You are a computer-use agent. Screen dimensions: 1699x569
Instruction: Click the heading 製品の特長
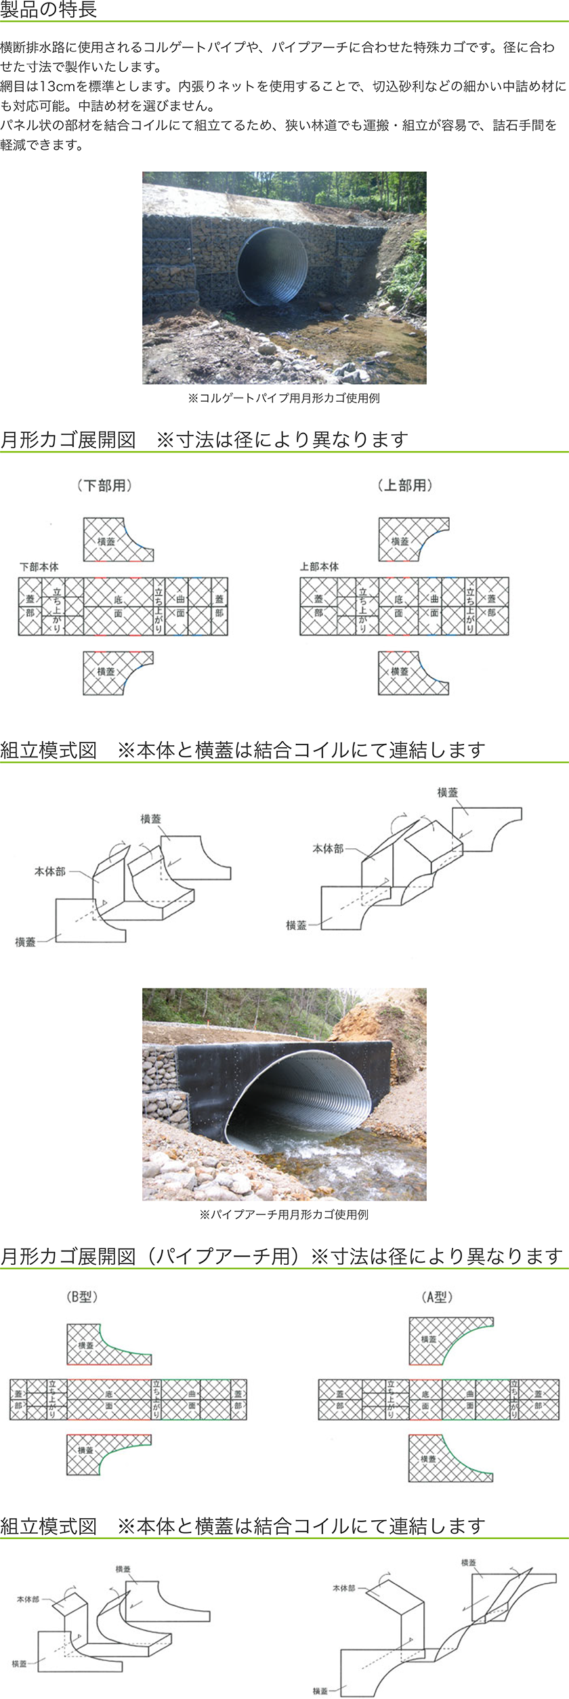[x=49, y=9]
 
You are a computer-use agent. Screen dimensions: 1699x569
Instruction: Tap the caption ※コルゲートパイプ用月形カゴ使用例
[x=284, y=398]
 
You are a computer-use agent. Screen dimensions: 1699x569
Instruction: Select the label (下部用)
[x=104, y=485]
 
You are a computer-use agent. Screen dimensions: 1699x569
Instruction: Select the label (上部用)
[x=405, y=485]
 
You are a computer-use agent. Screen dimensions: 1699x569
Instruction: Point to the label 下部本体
[x=39, y=566]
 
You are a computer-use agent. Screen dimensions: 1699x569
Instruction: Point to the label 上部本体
[x=319, y=566]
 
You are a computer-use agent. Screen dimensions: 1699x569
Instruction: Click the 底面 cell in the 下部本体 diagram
[x=118, y=606]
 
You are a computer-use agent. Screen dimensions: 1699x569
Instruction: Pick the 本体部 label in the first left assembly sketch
[x=49, y=872]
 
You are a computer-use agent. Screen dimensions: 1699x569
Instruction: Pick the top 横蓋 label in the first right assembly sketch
[x=447, y=793]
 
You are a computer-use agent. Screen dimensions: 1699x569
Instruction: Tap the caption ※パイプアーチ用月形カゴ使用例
[x=284, y=1215]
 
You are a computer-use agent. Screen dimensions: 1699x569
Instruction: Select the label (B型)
[x=83, y=1297]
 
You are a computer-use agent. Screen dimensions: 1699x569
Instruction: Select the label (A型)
[x=437, y=1297]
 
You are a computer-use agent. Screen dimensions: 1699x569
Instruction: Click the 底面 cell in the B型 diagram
[x=109, y=1400]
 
